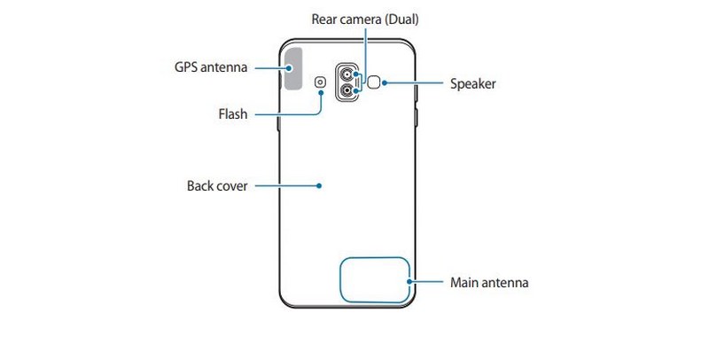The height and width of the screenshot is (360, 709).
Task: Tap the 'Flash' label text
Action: tap(232, 114)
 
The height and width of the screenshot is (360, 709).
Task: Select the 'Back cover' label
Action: tap(217, 186)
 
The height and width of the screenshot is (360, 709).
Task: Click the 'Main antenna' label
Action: tap(489, 284)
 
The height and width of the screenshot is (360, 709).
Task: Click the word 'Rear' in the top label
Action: tap(325, 19)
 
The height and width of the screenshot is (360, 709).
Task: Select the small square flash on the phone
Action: tap(320, 83)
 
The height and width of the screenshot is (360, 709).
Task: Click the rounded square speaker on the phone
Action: tap(376, 83)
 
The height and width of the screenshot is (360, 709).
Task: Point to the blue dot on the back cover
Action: tap(319, 186)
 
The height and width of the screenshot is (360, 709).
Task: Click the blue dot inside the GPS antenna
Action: tap(291, 67)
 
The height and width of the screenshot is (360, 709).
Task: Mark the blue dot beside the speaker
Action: tap(386, 84)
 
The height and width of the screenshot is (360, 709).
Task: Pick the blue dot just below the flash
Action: tap(320, 96)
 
